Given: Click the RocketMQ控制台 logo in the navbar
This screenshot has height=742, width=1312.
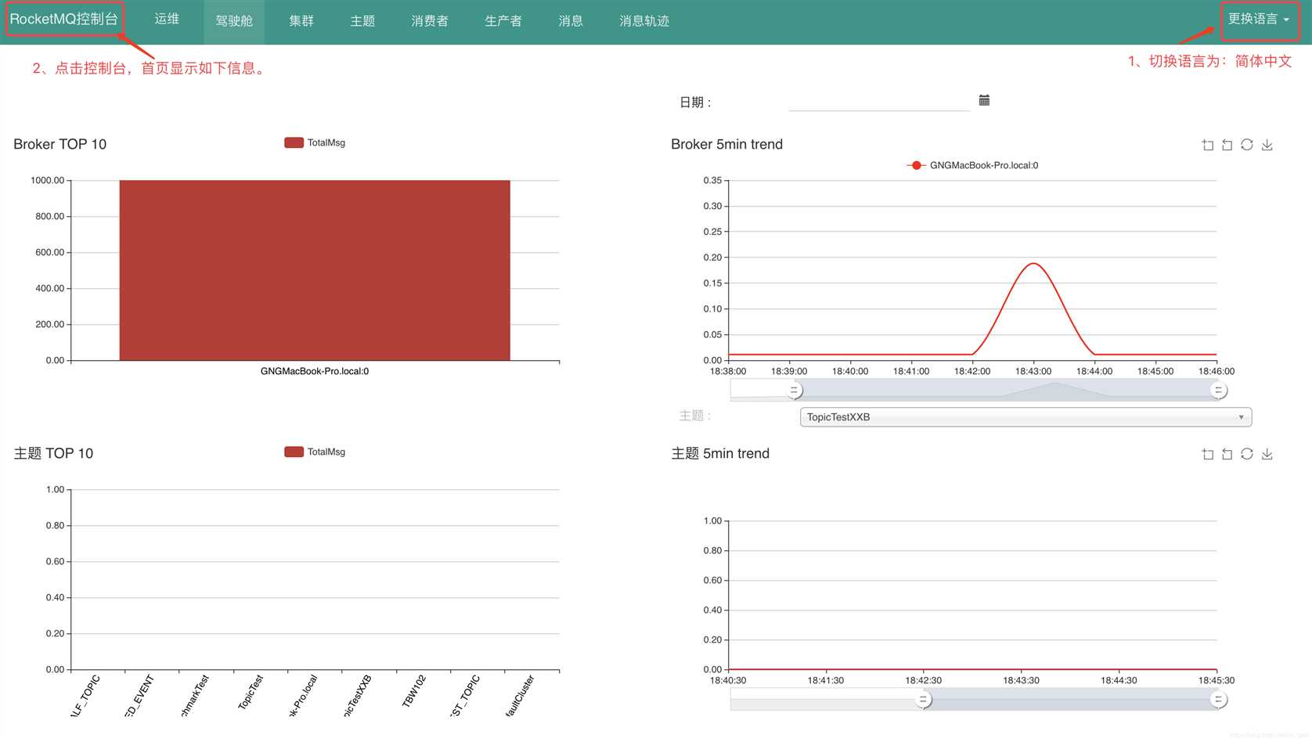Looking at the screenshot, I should click(63, 20).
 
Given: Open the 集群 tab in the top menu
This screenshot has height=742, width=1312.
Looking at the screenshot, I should click(301, 21).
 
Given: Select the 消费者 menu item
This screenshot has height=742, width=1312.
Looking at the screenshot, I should click(429, 21).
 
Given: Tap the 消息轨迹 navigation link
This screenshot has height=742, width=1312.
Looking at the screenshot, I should click(643, 21).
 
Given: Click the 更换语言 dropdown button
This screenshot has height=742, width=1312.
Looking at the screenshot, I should click(1258, 20).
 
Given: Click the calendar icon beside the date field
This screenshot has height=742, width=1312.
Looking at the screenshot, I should click(984, 100).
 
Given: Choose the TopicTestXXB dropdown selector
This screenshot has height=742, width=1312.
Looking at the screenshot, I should click(1025, 417).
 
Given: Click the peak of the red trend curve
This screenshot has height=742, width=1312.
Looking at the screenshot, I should click(1033, 264).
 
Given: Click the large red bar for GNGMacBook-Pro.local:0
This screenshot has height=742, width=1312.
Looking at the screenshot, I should click(314, 270).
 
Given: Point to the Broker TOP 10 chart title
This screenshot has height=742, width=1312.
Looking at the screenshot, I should click(60, 144).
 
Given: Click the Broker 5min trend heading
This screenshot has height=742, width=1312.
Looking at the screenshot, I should click(726, 144).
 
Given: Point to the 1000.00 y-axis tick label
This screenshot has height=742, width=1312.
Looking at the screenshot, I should click(47, 181).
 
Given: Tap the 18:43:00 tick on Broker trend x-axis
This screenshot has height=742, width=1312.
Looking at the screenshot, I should click(1033, 371).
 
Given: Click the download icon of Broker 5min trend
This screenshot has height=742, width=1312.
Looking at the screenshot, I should click(1267, 145).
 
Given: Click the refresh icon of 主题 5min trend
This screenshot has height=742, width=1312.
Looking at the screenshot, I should click(1246, 454).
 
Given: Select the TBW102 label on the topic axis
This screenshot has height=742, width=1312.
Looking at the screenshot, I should click(413, 692).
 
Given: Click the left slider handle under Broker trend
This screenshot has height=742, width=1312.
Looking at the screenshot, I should click(794, 390).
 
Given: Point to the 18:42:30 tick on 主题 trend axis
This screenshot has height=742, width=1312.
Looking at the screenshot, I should click(924, 680).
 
